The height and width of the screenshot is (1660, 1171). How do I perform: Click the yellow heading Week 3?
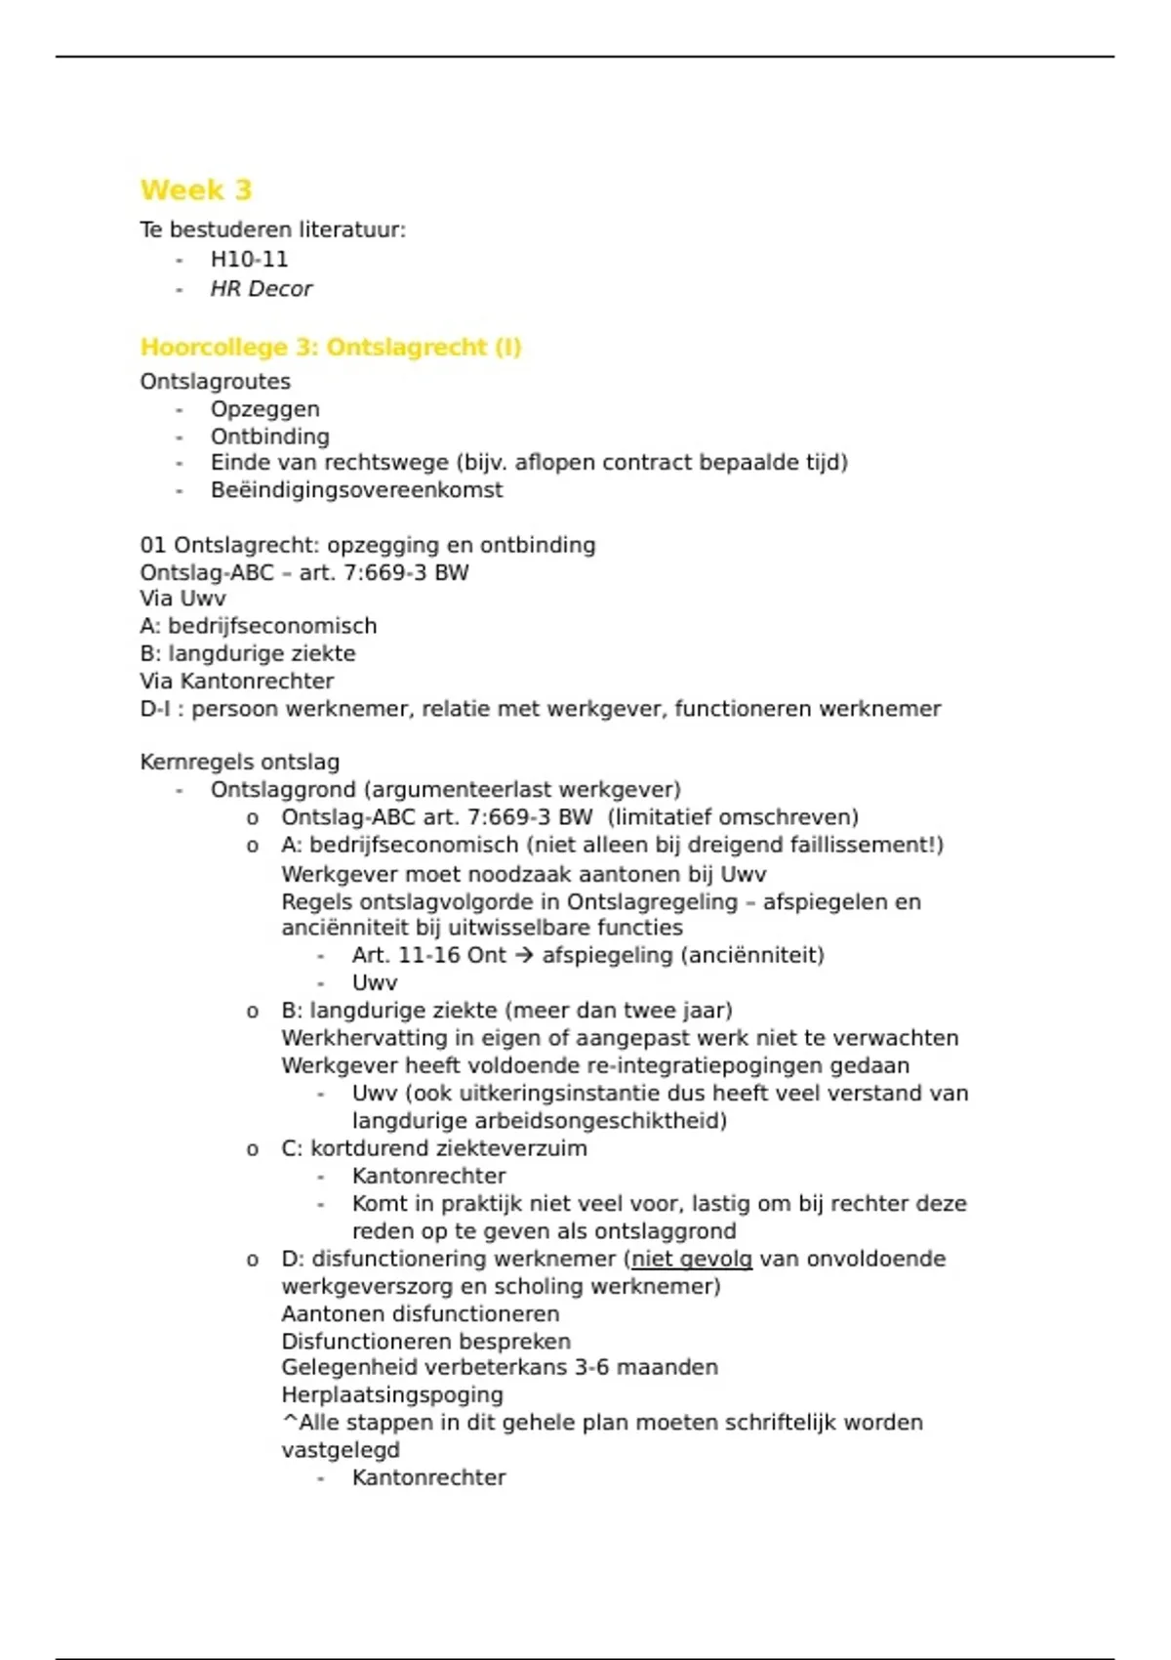pyautogui.click(x=196, y=189)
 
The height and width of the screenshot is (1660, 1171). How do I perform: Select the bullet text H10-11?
pyautogui.click(x=249, y=260)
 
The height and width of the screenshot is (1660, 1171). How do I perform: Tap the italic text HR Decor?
pyautogui.click(x=261, y=289)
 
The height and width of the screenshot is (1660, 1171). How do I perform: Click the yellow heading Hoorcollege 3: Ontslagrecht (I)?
pyautogui.click(x=331, y=348)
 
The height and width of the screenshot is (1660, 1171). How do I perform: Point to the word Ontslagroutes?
pyautogui.click(x=215, y=382)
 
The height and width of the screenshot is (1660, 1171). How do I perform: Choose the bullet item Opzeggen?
pyautogui.click(x=264, y=409)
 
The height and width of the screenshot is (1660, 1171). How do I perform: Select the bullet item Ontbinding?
pyautogui.click(x=269, y=436)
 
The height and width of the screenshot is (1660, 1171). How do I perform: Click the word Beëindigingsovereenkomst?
pyautogui.click(x=356, y=490)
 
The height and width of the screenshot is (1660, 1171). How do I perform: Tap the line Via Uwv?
pyautogui.click(x=182, y=599)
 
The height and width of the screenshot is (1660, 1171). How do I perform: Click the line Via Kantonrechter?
pyautogui.click(x=236, y=682)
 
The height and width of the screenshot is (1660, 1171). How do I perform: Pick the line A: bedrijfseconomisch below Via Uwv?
pyautogui.click(x=258, y=626)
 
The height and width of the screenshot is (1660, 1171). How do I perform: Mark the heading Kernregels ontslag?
pyautogui.click(x=239, y=762)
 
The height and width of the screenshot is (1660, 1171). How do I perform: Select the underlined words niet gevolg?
pyautogui.click(x=692, y=1259)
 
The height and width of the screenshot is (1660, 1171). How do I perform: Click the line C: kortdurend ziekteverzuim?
pyautogui.click(x=433, y=1148)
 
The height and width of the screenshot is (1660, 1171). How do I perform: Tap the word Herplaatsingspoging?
pyautogui.click(x=392, y=1395)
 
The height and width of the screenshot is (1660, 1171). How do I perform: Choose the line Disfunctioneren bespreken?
pyautogui.click(x=425, y=1342)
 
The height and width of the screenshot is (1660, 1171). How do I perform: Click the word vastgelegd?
pyautogui.click(x=341, y=1450)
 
